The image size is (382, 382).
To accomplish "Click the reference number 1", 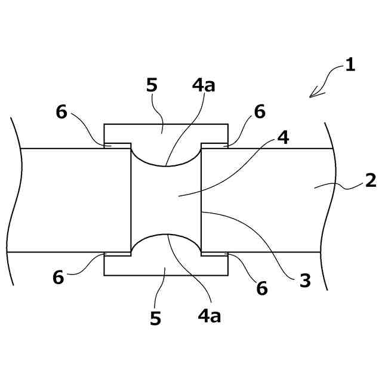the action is (x=350, y=65).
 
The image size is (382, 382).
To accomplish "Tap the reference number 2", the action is (x=371, y=180).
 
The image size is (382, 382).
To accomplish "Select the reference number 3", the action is (x=305, y=281).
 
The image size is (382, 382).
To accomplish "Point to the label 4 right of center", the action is (x=284, y=138).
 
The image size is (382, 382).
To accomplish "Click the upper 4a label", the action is (x=204, y=85).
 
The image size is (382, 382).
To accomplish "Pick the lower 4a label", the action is (x=209, y=316).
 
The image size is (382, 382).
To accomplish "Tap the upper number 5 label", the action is (x=152, y=85).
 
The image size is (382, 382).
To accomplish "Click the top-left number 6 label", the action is (x=61, y=112).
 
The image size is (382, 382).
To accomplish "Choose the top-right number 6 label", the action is (x=259, y=112).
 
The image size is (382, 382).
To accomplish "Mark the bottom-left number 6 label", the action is (x=58, y=277).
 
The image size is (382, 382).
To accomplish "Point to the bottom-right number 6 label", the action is (x=262, y=289).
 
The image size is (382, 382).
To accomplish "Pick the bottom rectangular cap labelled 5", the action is (x=166, y=266).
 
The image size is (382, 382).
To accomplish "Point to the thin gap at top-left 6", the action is (x=118, y=146).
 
